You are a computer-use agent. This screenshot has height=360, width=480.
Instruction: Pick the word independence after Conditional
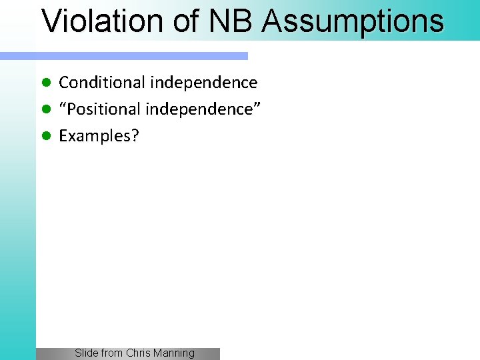tap(203, 83)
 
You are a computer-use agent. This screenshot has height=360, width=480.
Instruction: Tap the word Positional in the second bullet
tap(106, 109)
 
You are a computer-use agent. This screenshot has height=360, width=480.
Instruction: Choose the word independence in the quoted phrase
tap(199, 109)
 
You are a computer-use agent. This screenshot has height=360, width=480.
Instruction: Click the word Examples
tap(95, 136)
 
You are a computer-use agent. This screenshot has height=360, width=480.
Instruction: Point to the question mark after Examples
tap(135, 135)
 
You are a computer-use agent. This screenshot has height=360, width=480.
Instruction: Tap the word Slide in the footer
tap(86, 353)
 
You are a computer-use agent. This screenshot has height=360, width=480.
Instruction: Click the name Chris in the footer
tap(139, 353)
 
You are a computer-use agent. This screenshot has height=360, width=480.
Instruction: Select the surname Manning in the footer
tap(175, 353)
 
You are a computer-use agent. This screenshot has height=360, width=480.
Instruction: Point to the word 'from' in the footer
tap(111, 353)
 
